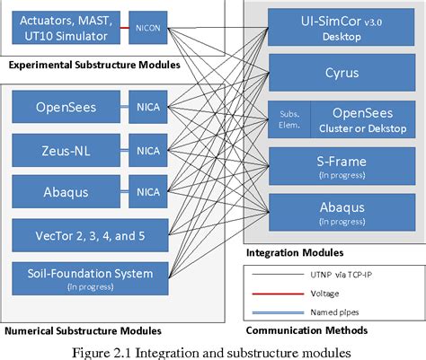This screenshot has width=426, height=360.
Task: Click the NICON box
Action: click(x=146, y=27)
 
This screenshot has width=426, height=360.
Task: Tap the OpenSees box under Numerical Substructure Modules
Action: click(x=61, y=109)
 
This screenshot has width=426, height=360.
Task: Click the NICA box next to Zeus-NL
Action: click(x=146, y=149)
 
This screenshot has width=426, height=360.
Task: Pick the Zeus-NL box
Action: click(x=61, y=149)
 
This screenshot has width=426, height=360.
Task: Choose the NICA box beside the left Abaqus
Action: click(x=146, y=190)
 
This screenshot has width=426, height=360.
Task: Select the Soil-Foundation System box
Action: click(x=88, y=277)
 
